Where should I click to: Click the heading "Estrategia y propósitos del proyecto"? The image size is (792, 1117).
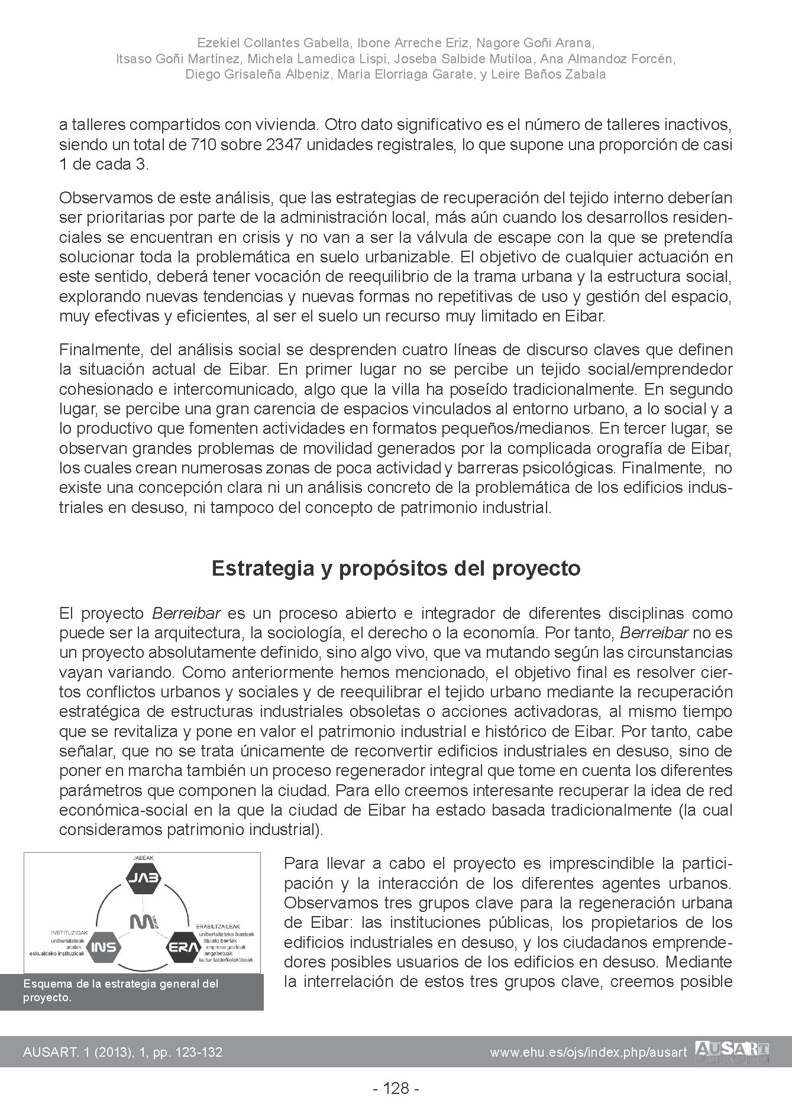(x=396, y=569)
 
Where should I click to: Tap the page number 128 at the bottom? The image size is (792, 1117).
(x=396, y=1088)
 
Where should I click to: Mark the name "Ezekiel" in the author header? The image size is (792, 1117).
(x=216, y=43)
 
